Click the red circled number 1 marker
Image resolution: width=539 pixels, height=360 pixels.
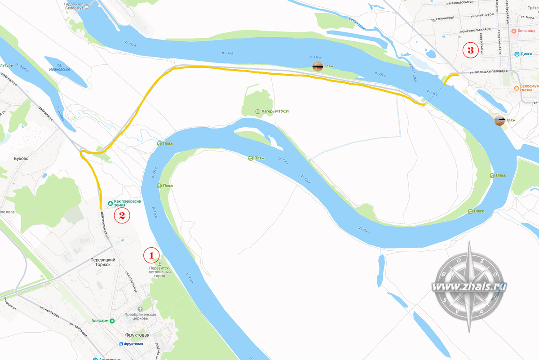tap(151, 255)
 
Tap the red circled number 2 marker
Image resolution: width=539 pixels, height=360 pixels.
tap(122, 215)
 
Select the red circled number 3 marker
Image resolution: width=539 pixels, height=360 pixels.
tap(471, 50)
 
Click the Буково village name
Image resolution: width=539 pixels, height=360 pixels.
tap(21, 158)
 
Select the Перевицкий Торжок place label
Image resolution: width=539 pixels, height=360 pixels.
tap(103, 262)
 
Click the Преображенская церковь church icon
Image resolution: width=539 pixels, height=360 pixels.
tap(141, 309)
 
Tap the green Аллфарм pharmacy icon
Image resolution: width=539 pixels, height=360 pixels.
tap(112, 320)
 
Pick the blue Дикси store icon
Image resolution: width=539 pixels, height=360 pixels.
tap(517, 54)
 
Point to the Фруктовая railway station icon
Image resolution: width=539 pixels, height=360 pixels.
tap(122, 344)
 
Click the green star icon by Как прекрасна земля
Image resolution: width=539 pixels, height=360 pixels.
tap(110, 202)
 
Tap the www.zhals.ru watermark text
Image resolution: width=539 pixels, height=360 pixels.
tap(469, 286)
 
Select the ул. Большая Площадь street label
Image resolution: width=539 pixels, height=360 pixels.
tap(488, 71)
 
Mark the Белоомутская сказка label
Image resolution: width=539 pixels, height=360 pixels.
tap(529, 88)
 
